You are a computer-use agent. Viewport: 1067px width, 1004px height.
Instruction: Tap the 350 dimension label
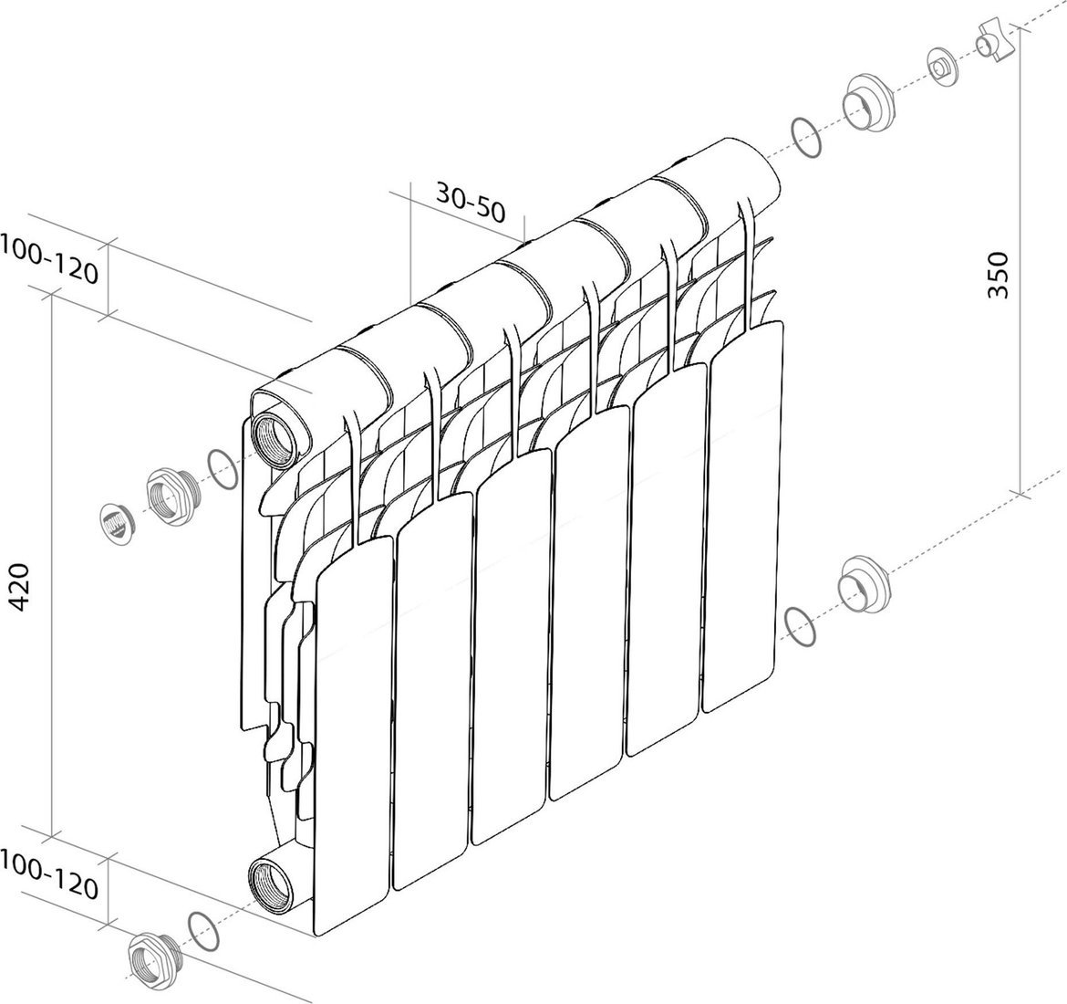point(999,275)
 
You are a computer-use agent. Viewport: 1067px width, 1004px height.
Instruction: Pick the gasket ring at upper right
point(807,139)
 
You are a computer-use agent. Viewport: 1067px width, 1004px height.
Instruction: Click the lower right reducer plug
point(864,585)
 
